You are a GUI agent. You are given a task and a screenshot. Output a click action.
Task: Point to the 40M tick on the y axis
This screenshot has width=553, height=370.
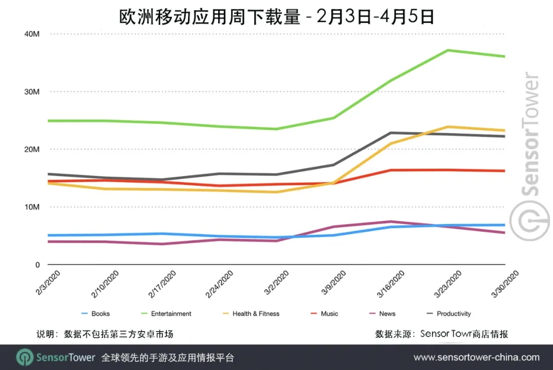(x=32, y=34)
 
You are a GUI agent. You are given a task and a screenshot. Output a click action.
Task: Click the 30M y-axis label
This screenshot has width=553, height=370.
(x=32, y=92)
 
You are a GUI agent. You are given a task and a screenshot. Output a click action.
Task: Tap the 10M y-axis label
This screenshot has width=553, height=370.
(x=32, y=207)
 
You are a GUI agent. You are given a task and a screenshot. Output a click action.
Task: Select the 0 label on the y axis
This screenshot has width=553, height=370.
(x=37, y=265)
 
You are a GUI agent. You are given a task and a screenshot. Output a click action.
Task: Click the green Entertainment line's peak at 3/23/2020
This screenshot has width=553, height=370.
(x=448, y=50)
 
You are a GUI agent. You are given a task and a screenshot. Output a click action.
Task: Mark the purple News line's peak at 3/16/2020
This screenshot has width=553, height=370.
(x=390, y=222)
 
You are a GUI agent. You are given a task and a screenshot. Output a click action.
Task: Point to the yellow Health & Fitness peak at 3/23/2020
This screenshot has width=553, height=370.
(x=448, y=127)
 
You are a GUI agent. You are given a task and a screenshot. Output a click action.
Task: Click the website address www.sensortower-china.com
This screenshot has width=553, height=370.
(x=476, y=357)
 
